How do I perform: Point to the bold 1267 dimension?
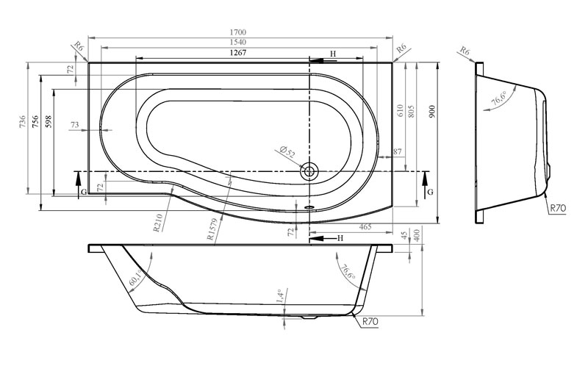pos(238,52)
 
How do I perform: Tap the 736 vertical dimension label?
pos(22,122)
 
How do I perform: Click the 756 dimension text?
pos(35,122)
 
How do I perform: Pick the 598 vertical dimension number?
pos(49,122)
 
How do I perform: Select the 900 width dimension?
pos(432,112)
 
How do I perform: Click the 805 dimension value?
pos(412,112)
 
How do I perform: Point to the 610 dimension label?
pos(400,112)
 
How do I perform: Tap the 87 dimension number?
pos(398,151)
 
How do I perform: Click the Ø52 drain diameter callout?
pos(287,151)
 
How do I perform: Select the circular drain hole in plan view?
pos(309,172)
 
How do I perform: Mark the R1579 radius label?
pos(212,229)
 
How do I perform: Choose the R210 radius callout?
pos(158,223)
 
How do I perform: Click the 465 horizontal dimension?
pos(365,226)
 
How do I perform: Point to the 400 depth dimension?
pos(417,235)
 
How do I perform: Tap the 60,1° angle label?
pos(135,277)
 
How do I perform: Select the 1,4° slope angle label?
pos(279,296)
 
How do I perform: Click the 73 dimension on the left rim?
pos(75,124)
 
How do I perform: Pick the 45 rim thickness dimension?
pos(404,235)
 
